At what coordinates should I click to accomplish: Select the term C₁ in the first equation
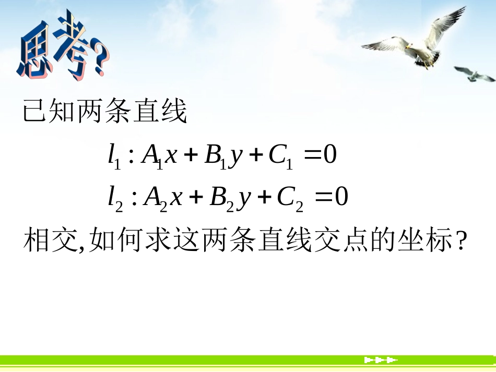tap(280, 157)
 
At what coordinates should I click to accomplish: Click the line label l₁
tap(114, 157)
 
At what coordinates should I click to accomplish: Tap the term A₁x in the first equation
tap(160, 157)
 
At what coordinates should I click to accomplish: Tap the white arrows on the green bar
tap(381, 360)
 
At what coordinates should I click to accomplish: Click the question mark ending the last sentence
tap(460, 242)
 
